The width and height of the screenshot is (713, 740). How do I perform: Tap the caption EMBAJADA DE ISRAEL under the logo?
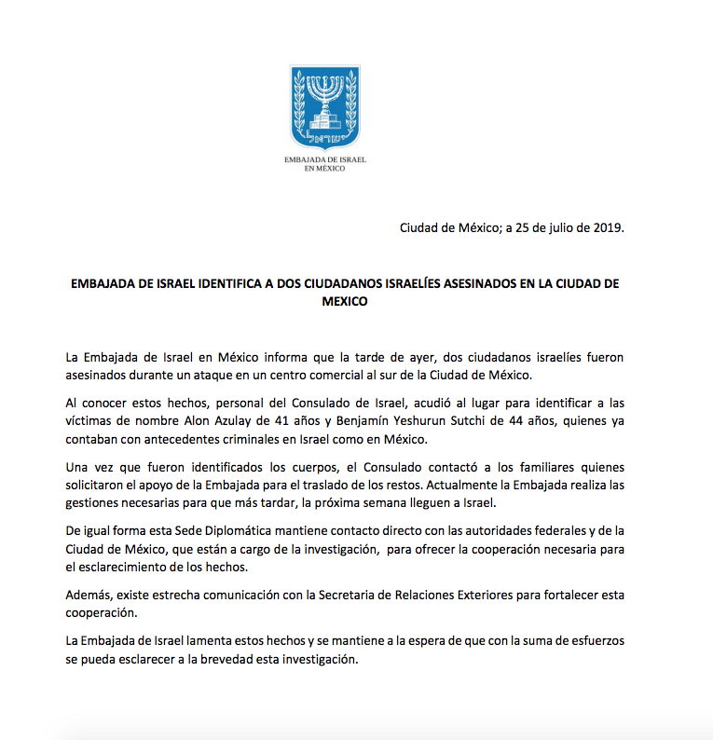(325, 160)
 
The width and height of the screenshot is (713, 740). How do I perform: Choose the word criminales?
(246, 440)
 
